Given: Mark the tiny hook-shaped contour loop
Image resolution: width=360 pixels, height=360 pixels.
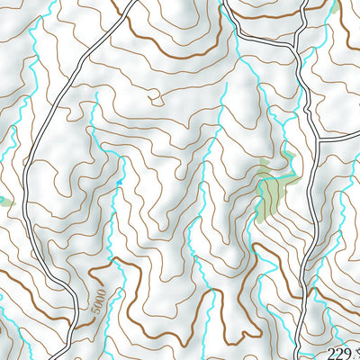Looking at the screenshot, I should pyautogui.click(x=155, y=96).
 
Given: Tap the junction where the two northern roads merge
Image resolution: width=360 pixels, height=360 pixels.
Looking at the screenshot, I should pyautogui.click(x=297, y=45).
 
